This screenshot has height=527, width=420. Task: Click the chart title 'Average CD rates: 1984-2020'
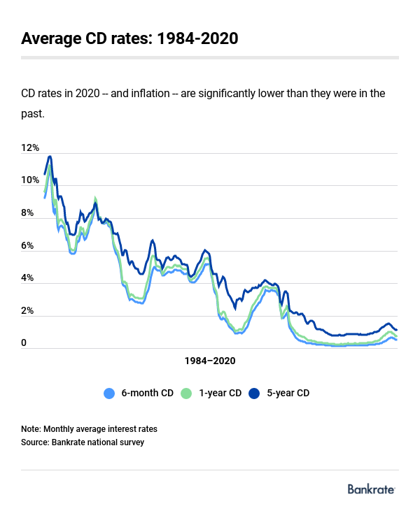129,38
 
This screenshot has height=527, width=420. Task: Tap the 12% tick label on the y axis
30,148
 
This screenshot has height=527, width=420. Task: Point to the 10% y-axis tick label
30,180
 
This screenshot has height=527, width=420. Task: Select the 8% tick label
28,213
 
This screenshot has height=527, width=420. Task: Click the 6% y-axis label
28,246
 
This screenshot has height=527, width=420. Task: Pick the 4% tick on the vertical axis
28,278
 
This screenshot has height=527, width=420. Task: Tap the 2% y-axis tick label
28,311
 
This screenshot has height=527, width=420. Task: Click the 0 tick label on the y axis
24,343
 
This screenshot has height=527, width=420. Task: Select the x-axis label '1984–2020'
210,361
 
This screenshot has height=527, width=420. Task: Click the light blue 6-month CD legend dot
108,394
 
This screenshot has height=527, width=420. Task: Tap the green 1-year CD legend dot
186,394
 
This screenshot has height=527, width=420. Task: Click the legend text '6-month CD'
147,394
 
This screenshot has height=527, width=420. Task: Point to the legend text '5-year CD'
288,394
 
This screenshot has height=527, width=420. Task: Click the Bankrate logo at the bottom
372,489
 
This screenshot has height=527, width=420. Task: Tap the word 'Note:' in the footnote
31,428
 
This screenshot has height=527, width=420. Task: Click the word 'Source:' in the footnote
36,442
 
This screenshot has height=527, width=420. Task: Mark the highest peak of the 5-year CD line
50,157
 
